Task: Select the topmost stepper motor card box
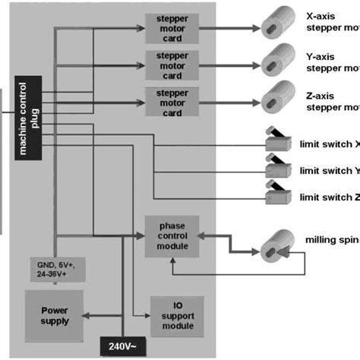172,27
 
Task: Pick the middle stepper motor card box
172,65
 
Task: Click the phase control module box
172,235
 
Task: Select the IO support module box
177,316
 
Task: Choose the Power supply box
55,315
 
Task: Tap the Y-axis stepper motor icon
276,58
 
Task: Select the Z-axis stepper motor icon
276,96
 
